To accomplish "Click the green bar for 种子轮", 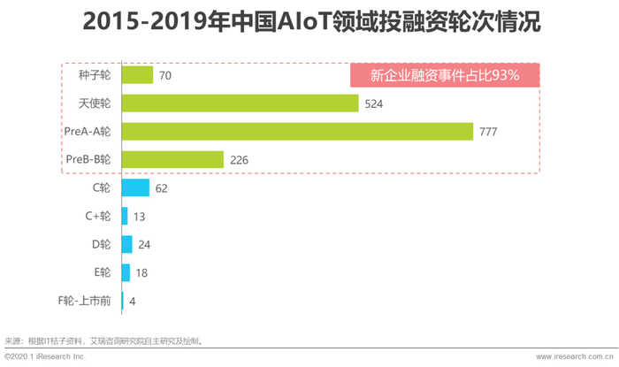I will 137,76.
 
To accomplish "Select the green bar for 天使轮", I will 239,103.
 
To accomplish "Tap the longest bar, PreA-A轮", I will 297,132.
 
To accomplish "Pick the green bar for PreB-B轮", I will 172,159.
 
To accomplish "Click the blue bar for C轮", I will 134,187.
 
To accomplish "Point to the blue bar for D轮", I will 126,244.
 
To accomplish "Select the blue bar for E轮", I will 126,272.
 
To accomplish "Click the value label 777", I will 488,133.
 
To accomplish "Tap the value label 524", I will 372,104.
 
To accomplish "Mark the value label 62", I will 161,188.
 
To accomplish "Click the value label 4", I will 132,301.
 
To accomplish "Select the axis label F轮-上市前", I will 84,301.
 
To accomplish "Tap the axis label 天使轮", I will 95,104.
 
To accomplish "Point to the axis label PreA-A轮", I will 88,133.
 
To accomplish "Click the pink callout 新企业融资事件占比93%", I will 445,75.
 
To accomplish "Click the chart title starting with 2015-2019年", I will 309,21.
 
